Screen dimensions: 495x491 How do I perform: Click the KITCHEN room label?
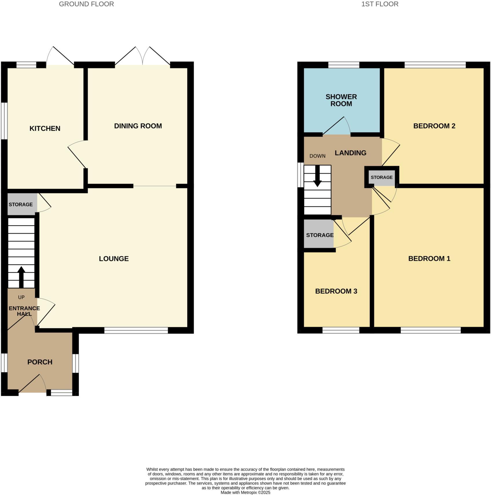coord(45,128)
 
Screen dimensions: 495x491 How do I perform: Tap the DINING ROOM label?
coord(138,126)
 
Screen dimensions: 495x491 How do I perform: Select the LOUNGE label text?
coord(114,259)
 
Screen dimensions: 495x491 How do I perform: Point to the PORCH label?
coord(40,362)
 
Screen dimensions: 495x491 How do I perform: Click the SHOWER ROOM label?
coord(341,100)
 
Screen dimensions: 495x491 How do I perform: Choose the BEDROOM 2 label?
coord(434,126)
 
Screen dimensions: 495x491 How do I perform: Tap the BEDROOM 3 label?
coord(336,291)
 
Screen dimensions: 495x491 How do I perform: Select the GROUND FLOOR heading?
coord(86,4)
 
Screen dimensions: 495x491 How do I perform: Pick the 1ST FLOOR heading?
coord(380,4)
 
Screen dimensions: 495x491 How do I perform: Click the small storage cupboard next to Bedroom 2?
coord(382,177)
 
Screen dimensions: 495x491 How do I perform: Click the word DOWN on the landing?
coord(317,156)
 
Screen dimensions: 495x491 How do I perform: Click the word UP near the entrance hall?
coord(21,297)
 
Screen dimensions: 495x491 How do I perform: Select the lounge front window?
coord(136,330)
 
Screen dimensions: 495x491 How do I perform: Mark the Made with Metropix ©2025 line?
coord(245,492)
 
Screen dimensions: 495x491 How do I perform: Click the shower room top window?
coord(344,65)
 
